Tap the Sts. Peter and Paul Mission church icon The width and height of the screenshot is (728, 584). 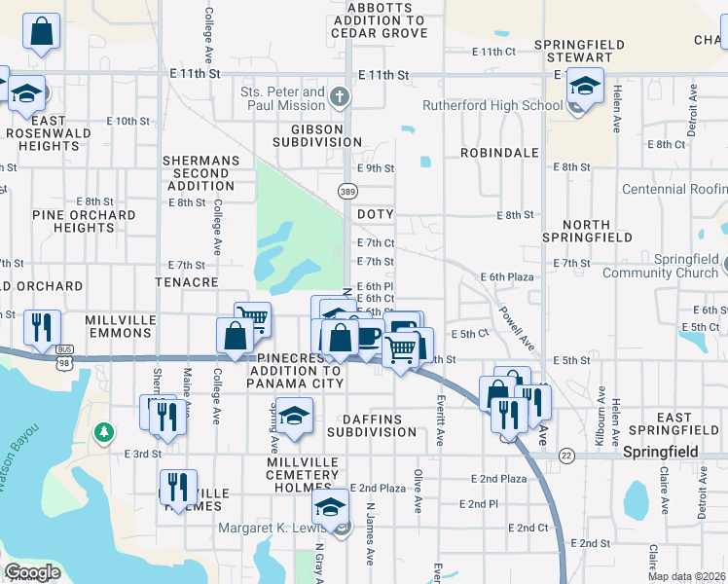click(x=338, y=95)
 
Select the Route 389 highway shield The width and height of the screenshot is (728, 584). click(x=347, y=193)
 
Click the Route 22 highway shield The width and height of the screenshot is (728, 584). click(x=566, y=455)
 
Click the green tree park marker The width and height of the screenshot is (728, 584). click(x=102, y=430)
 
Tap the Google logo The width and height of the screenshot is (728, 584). click(x=32, y=572)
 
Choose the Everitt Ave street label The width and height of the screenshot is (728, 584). click(x=440, y=420)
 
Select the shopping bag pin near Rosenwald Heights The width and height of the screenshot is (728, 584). click(x=43, y=32)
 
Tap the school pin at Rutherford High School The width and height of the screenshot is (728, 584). click(x=584, y=87)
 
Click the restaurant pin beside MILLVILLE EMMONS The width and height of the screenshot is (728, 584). click(x=42, y=327)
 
